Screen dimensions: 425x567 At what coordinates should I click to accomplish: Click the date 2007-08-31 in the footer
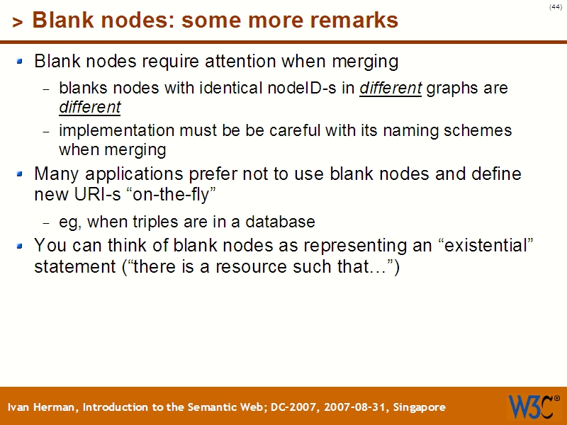349,407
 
